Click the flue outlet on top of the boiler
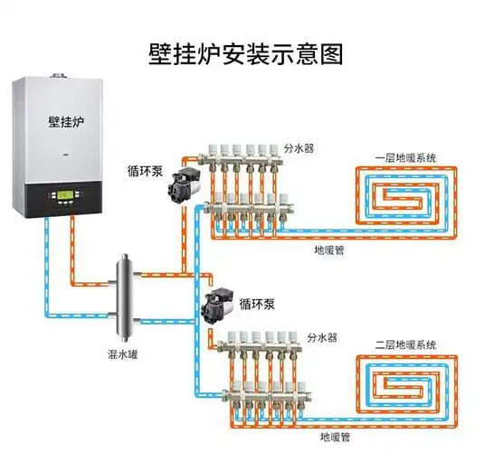click(x=61, y=76)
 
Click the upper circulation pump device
click(x=182, y=184)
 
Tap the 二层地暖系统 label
click(x=407, y=344)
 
